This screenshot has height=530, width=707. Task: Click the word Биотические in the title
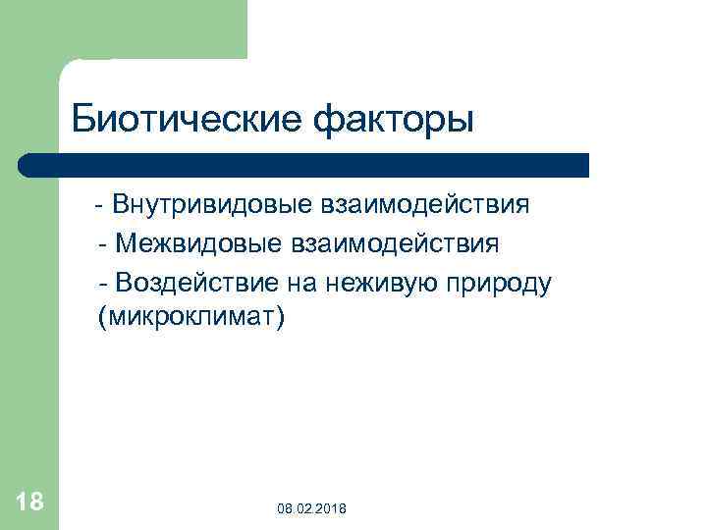(x=188, y=120)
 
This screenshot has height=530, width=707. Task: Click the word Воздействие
(x=197, y=282)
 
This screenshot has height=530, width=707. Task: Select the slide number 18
(x=29, y=503)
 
